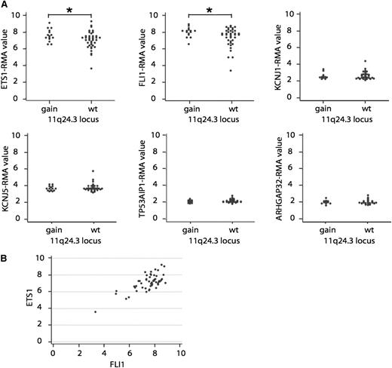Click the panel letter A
(5, 5)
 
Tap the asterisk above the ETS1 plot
(69, 11)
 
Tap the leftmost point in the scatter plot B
(95, 311)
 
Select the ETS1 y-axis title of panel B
(31, 300)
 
